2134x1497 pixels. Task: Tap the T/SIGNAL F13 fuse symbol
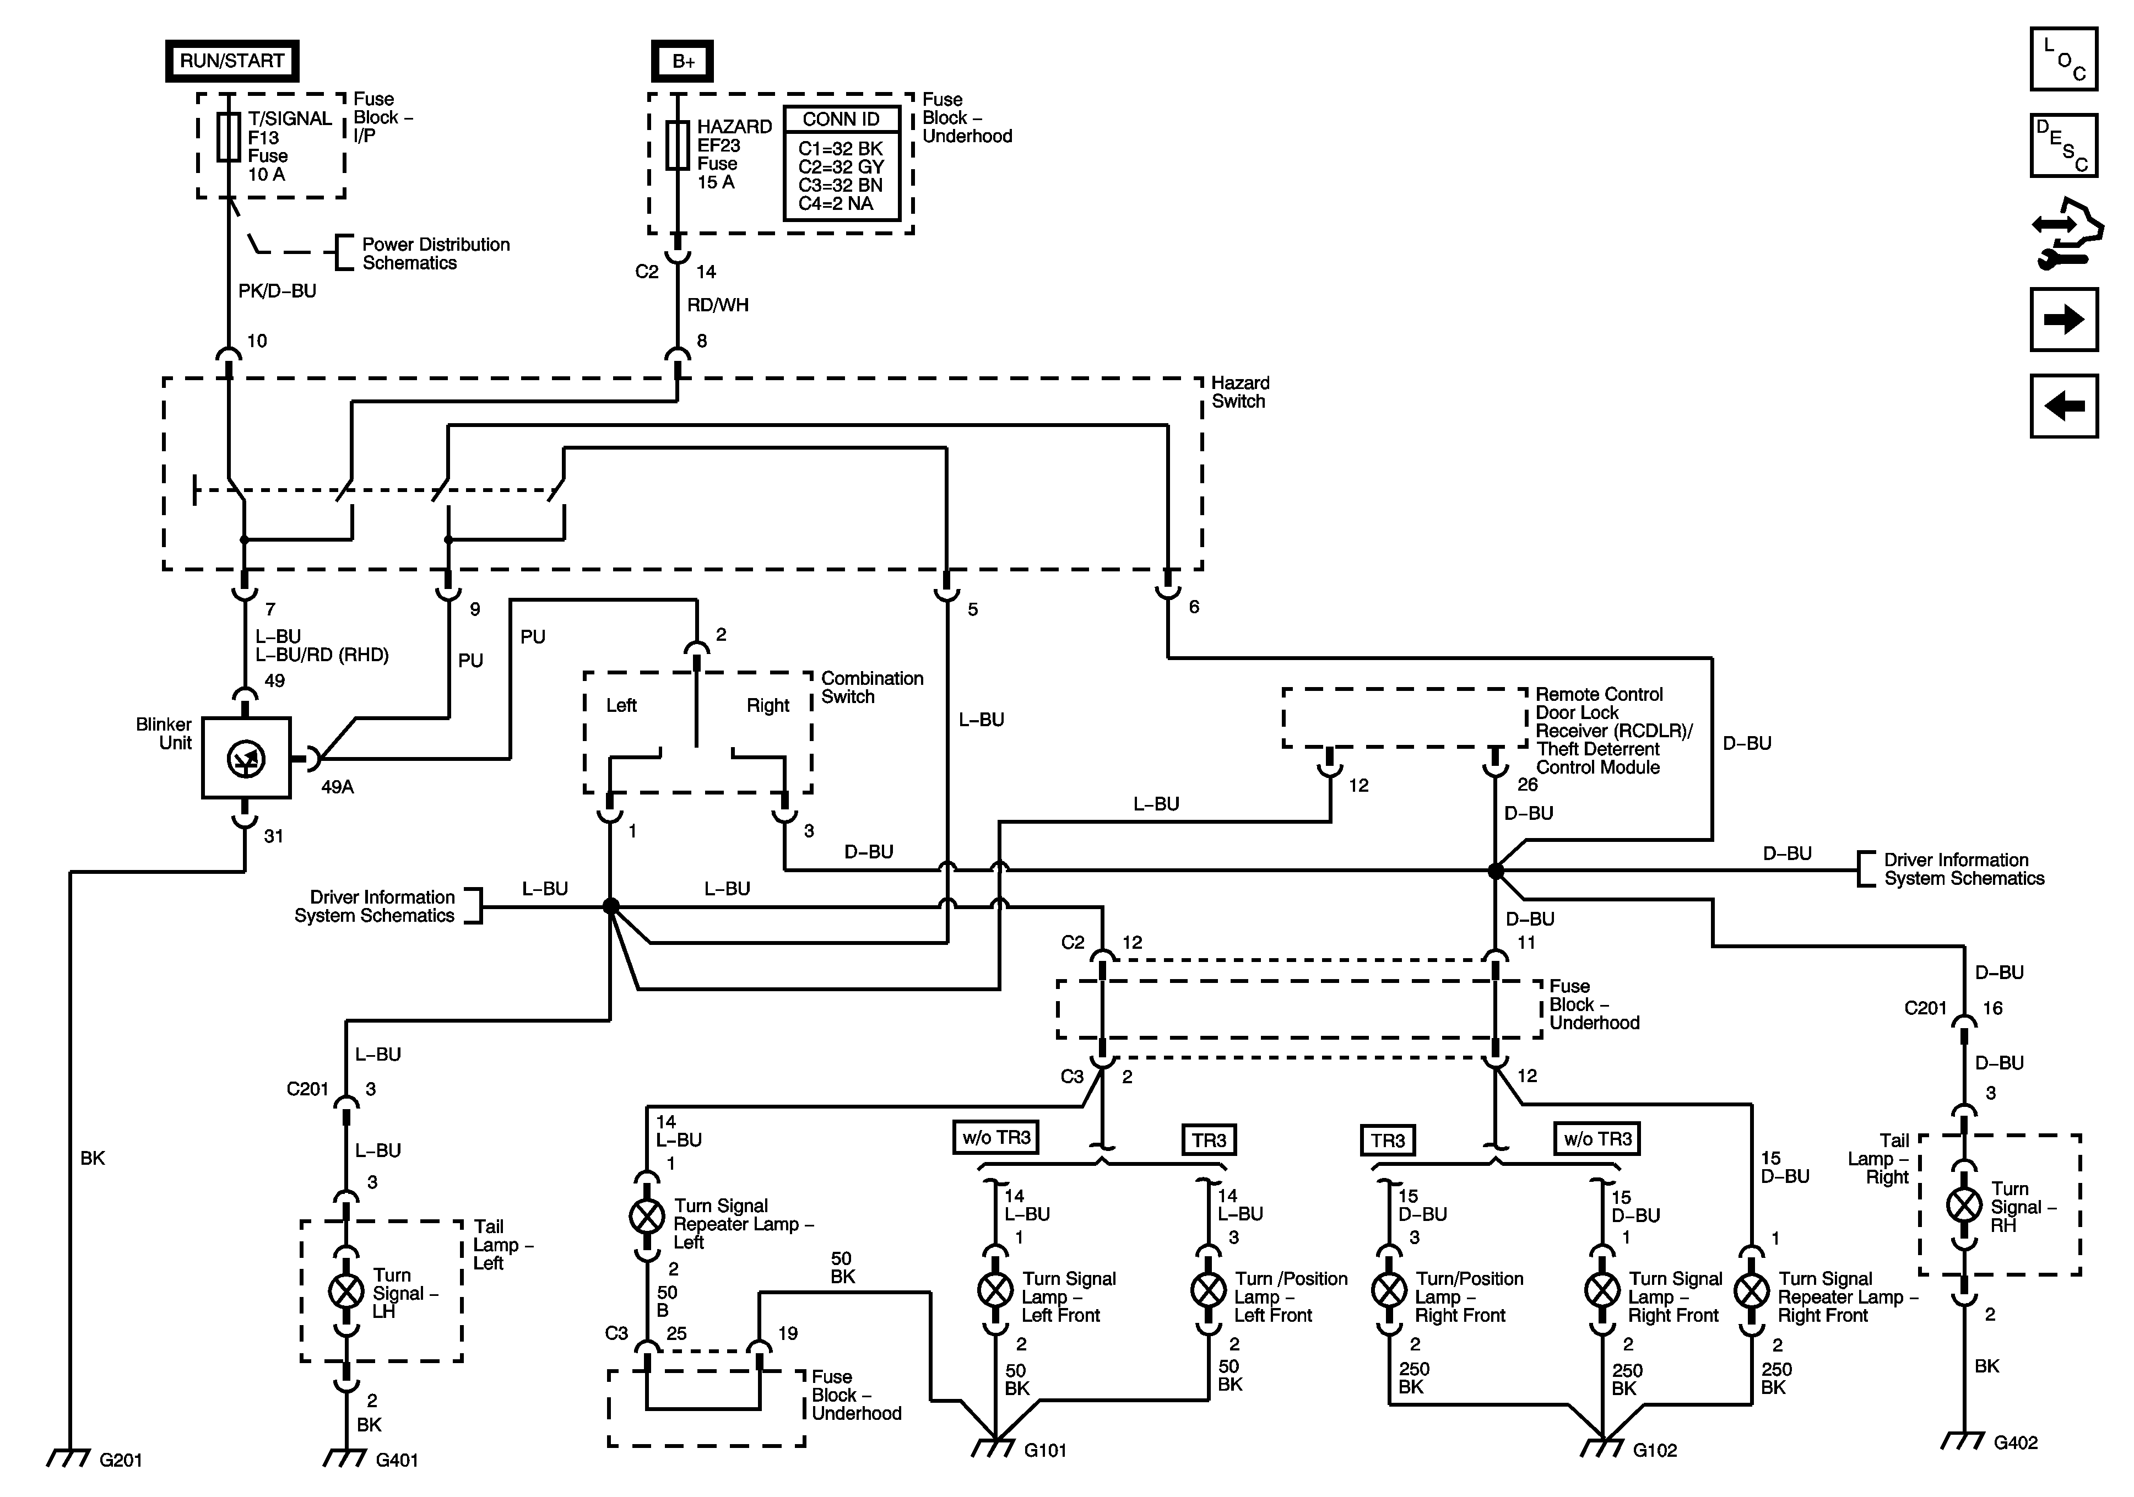[229, 138]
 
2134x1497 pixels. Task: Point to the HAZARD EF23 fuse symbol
[678, 145]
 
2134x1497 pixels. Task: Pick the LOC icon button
[2063, 60]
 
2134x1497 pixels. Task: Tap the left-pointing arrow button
[2063, 406]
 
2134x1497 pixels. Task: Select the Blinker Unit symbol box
[246, 758]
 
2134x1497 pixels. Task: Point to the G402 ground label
[2015, 1443]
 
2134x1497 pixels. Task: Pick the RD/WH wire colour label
[718, 305]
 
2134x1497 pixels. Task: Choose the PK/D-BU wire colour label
[277, 291]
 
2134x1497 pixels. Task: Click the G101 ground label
[1045, 1451]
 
